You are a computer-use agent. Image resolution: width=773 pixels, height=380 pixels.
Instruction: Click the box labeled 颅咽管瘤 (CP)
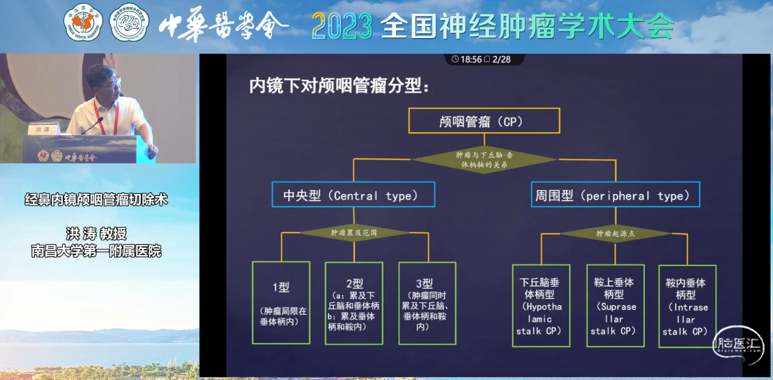coord(484,121)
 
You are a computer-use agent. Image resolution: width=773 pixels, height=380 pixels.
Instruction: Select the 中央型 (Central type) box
coord(353,195)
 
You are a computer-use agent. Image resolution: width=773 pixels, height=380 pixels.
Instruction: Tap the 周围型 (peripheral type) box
coord(615,195)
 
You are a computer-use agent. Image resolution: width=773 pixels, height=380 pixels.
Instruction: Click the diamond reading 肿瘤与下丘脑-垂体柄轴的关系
coord(484,159)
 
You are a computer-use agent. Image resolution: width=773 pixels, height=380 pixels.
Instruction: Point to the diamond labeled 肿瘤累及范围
coord(353,232)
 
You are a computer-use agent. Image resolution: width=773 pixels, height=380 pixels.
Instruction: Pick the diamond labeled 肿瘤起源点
coord(615,233)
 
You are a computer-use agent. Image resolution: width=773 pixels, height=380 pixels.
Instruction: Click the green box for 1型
coord(281,303)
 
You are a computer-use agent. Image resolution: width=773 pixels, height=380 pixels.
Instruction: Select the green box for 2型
coord(354,303)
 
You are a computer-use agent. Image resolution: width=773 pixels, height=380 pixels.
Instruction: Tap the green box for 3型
coord(427,303)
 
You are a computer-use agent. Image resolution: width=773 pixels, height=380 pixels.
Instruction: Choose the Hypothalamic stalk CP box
coord(540,305)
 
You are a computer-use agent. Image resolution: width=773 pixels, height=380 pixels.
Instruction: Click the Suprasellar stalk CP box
coord(615,305)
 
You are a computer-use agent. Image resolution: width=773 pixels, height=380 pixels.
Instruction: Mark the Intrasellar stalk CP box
coord(687,305)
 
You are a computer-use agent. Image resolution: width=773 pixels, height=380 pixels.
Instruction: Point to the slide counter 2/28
coord(501,59)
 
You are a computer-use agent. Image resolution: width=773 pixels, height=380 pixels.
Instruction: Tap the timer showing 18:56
coord(470,59)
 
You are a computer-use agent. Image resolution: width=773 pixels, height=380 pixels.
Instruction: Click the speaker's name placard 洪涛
coord(43,130)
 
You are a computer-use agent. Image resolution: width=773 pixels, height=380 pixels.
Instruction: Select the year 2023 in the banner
coord(342,25)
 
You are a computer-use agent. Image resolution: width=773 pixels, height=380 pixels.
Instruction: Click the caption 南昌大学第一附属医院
coord(96,250)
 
